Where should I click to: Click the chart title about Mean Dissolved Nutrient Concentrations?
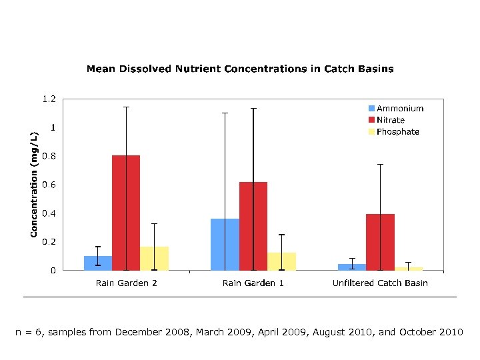tap(240, 69)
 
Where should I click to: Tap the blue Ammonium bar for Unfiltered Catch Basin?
tap(351, 267)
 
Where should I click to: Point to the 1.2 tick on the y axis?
tap(49, 99)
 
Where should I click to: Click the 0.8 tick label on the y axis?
tap(49, 156)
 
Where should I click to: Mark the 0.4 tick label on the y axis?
tap(49, 213)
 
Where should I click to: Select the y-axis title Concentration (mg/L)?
tap(33, 184)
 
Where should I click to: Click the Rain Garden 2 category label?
tap(126, 283)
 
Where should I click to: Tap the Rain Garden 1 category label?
tap(253, 283)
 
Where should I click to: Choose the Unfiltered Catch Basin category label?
tap(380, 283)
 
